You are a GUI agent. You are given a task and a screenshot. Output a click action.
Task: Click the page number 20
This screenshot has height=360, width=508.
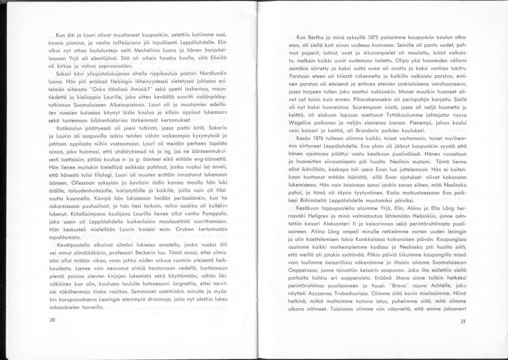[x=52, y=320]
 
